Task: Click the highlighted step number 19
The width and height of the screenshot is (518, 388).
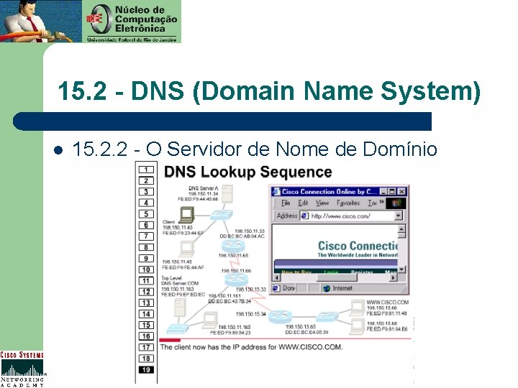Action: [146, 369]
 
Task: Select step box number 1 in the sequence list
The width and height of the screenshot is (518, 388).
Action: [146, 170]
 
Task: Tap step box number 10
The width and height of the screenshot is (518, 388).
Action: [146, 269]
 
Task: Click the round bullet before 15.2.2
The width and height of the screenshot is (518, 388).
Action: [57, 150]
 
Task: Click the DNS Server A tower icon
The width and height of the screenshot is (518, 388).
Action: [226, 194]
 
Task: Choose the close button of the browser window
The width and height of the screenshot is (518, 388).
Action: [402, 192]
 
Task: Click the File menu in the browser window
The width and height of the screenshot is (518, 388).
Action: [286, 203]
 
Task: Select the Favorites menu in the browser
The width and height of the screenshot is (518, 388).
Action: [348, 203]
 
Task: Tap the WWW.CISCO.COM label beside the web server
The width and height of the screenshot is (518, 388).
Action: [387, 302]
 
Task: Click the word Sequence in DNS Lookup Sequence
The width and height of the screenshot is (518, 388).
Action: [297, 172]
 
